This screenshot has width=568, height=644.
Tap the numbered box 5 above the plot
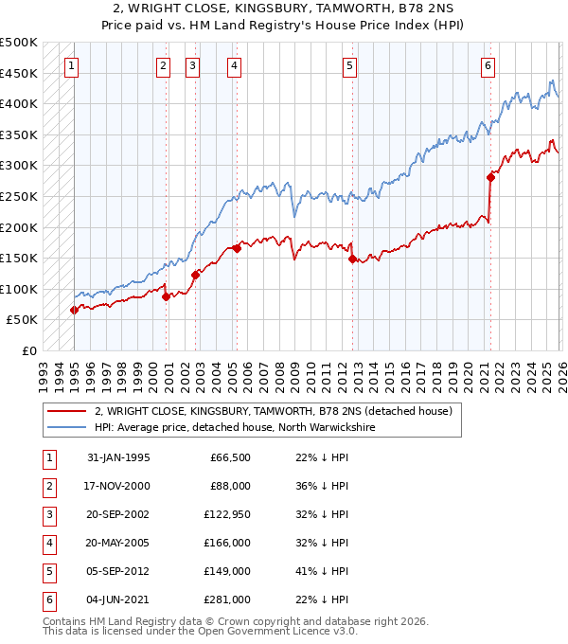pos(350,66)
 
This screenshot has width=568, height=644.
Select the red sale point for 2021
pos(490,176)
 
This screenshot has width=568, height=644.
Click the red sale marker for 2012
pos(352,259)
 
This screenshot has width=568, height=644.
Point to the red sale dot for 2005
pos(237,248)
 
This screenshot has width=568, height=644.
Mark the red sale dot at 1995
pos(74,310)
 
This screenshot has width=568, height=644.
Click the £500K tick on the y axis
pos(19,43)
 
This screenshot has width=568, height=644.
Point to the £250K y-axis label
pos(19,197)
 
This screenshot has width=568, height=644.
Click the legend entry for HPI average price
pos(235,427)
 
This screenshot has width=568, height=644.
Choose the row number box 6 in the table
pos(47,599)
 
